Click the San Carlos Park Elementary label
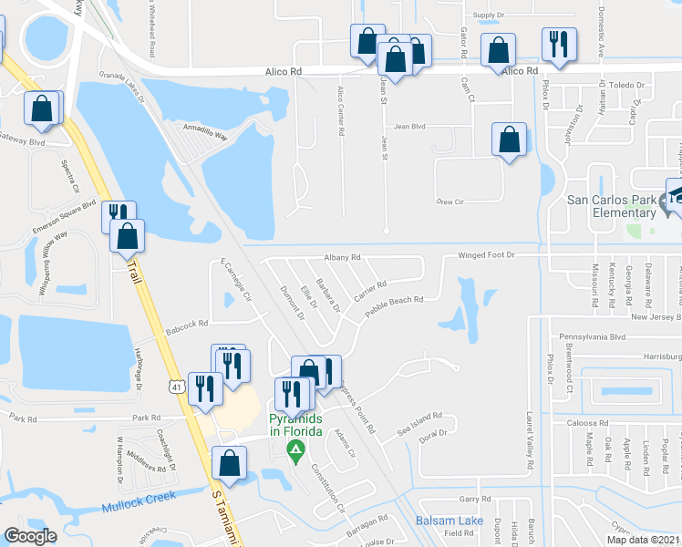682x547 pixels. point(611,206)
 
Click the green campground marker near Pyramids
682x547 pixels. point(295,449)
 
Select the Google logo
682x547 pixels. point(30,536)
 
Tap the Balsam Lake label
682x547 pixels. point(450,520)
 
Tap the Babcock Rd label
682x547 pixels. point(187,323)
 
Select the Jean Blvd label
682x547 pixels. point(410,128)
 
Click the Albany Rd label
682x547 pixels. point(342,257)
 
